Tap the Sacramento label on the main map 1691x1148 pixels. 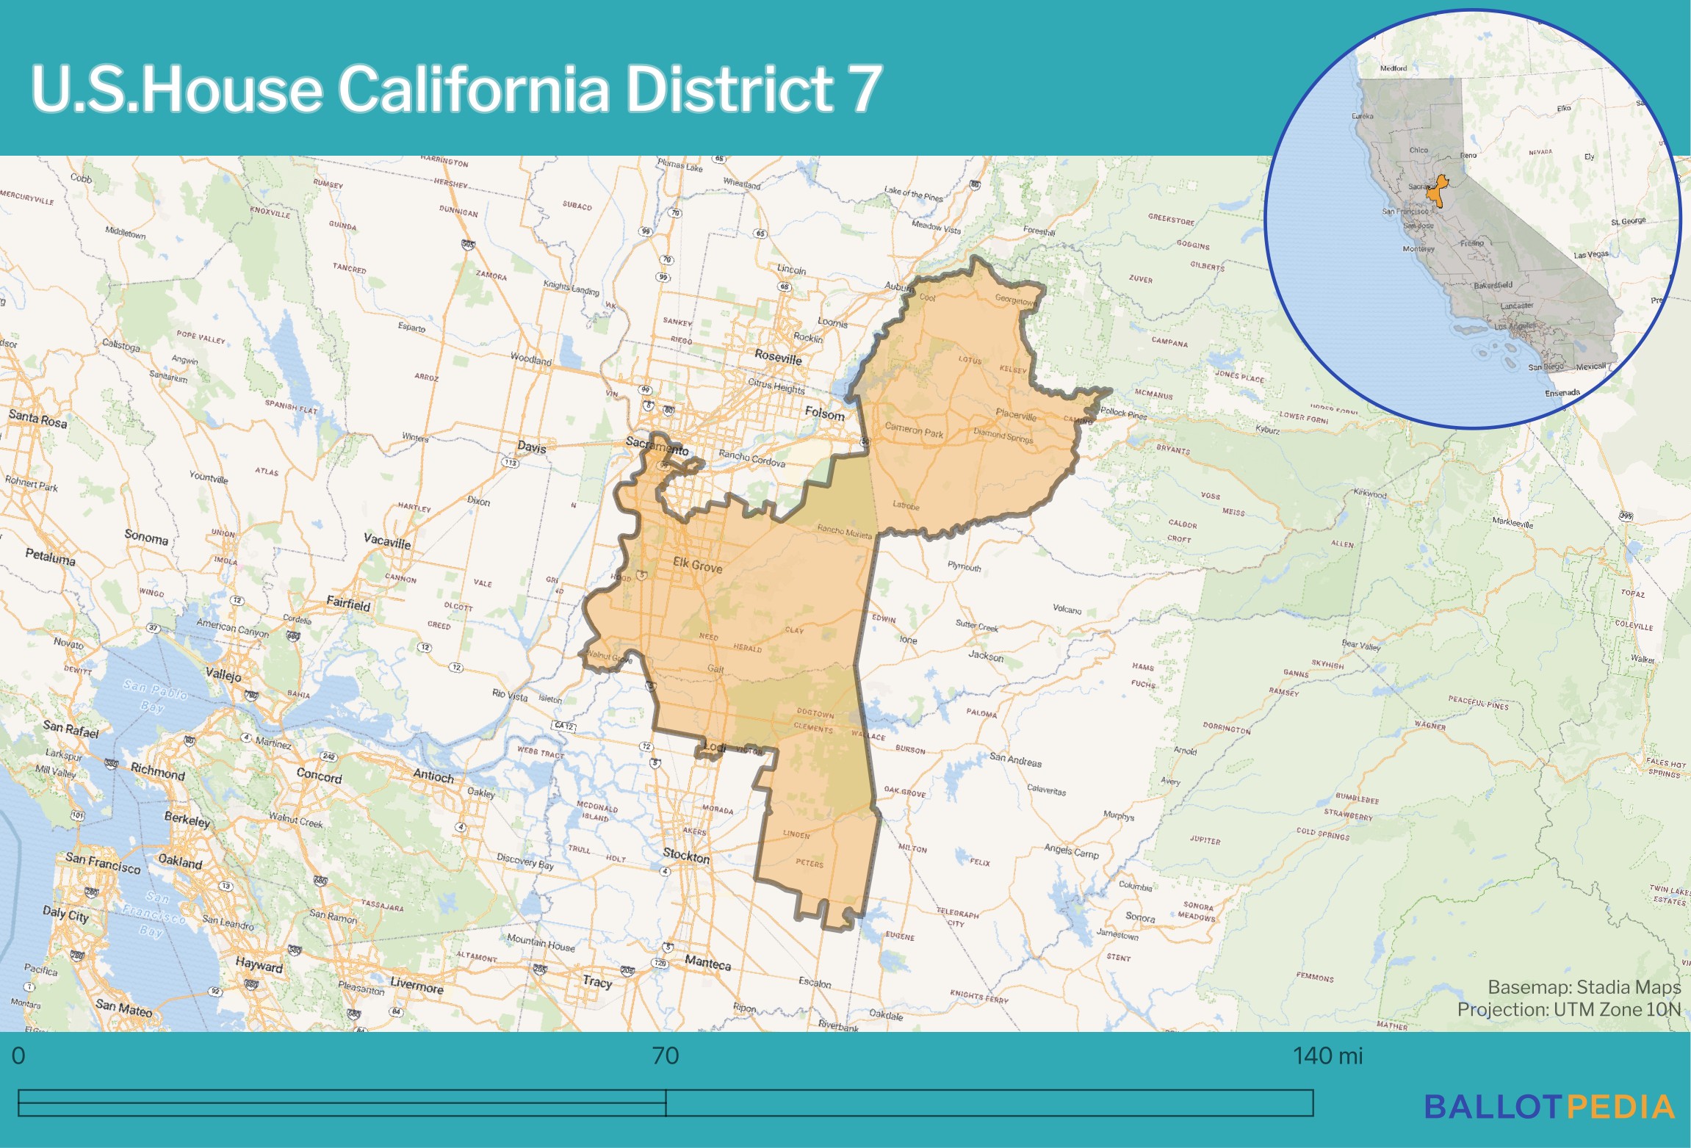[657, 445]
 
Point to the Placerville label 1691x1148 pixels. [1016, 415]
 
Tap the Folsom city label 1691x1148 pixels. [824, 414]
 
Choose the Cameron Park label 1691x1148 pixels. [914, 430]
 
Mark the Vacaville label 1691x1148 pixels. [386, 541]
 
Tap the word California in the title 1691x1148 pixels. [473, 89]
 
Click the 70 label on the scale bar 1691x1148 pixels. [665, 1056]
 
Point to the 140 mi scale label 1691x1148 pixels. [1327, 1056]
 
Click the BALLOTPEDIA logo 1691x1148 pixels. [1549, 1107]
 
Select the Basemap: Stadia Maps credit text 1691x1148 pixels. [1584, 986]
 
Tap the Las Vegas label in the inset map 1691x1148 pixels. [1590, 255]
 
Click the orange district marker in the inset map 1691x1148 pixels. [1437, 192]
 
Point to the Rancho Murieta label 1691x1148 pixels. [844, 531]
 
